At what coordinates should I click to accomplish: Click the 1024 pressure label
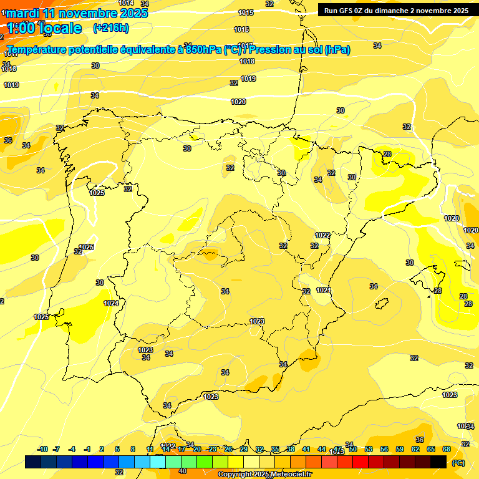[111, 303]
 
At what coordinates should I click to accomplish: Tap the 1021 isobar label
[323, 290]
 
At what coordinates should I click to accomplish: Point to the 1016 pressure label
[241, 29]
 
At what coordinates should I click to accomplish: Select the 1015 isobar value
[246, 12]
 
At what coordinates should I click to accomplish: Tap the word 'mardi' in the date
[23, 13]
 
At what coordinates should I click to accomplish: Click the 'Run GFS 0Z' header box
[396, 10]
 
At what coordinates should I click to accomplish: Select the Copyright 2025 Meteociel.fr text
[264, 475]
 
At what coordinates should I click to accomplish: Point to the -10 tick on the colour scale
[42, 449]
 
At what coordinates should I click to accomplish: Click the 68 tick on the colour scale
[447, 449]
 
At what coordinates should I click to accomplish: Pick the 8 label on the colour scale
[133, 449]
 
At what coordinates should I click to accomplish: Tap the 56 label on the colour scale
[384, 449]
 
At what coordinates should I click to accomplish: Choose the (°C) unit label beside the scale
[458, 463]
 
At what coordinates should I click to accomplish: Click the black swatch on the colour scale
[438, 462]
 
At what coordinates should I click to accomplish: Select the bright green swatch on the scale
[205, 462]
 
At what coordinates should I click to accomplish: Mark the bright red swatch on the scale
[360, 462]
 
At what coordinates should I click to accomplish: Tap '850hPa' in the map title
[203, 50]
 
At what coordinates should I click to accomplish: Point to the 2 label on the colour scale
[102, 449]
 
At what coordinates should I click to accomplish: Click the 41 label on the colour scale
[306, 449]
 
